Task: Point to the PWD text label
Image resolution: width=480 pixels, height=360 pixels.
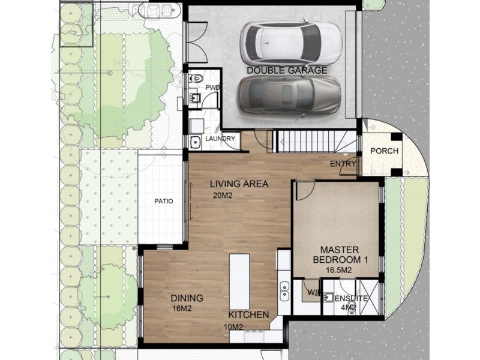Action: coord(212,88)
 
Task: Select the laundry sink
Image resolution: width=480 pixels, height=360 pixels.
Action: coord(195,142)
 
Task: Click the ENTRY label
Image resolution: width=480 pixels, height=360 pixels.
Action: coord(343,164)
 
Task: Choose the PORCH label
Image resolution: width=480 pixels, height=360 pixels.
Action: coord(384,151)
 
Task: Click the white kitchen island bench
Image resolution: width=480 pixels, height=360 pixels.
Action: coord(240,282)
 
